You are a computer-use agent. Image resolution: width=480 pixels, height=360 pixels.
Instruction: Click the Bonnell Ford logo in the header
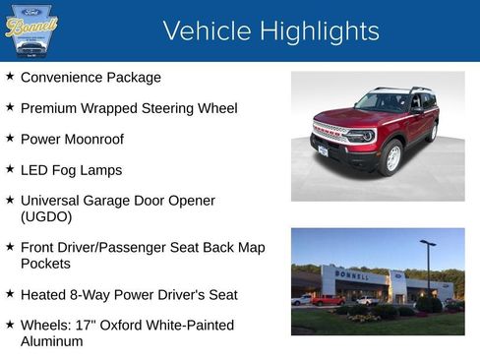click(x=31, y=30)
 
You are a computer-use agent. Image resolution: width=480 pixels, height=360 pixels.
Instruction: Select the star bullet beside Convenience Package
click(x=10, y=76)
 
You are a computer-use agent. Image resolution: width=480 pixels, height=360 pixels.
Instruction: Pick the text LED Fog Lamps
click(x=71, y=170)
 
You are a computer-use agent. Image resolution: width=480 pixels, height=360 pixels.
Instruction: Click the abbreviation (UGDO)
click(x=47, y=216)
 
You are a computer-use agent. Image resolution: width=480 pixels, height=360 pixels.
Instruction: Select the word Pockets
click(x=46, y=264)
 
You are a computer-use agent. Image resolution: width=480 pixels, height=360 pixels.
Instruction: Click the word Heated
click(x=44, y=294)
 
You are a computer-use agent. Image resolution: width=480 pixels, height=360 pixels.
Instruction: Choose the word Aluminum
click(x=52, y=341)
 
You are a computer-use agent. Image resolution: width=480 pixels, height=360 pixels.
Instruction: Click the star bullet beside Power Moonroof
click(x=10, y=139)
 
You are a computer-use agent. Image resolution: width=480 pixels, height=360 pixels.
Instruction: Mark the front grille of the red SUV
click(x=330, y=134)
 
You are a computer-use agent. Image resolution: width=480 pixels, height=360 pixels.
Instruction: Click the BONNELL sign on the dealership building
click(x=351, y=276)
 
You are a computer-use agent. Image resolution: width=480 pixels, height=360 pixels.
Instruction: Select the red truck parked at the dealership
click(x=327, y=300)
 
